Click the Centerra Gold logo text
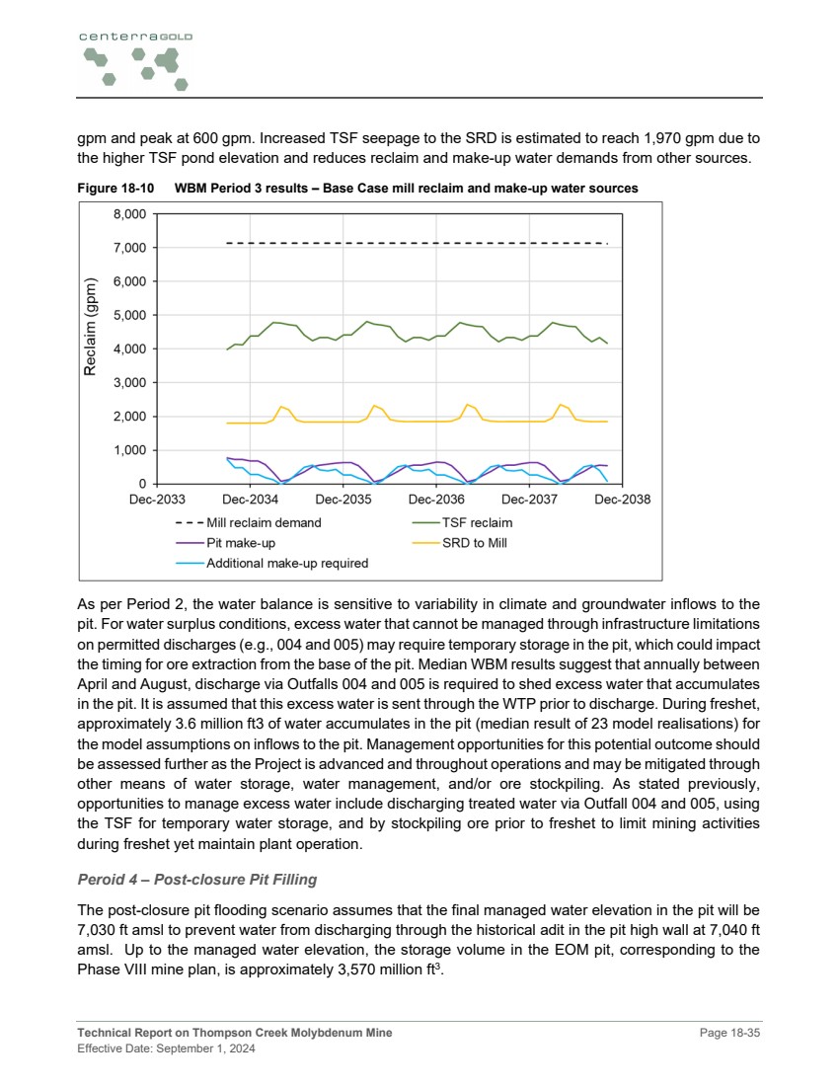[x=136, y=37]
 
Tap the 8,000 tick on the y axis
[x=130, y=214]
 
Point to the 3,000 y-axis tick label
[x=130, y=383]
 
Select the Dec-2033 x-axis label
[x=158, y=500]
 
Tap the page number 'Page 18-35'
[x=729, y=1033]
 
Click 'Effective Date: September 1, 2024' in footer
[x=167, y=1048]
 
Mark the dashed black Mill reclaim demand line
[x=415, y=243]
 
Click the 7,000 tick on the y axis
[x=130, y=248]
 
